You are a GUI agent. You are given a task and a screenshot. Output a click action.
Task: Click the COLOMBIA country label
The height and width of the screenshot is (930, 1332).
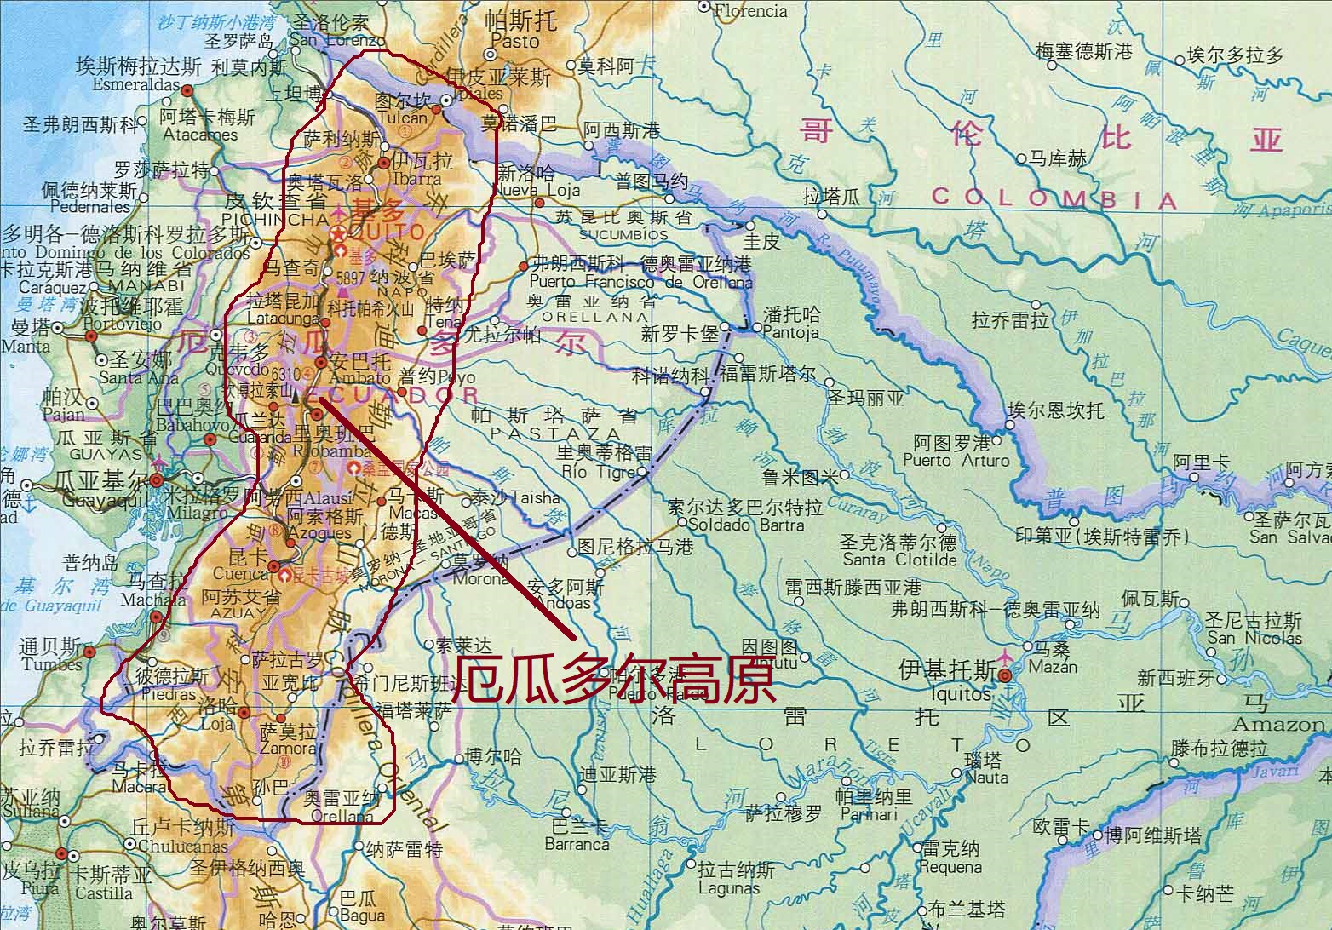[1054, 198]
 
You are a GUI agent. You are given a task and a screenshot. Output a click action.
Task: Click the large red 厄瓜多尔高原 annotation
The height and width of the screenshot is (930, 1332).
[612, 680]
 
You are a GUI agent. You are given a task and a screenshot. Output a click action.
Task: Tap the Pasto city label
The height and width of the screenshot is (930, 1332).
[516, 41]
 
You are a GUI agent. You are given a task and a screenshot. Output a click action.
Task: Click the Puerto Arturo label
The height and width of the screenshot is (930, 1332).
[956, 461]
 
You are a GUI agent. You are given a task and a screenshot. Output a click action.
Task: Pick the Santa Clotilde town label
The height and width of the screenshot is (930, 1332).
[899, 560]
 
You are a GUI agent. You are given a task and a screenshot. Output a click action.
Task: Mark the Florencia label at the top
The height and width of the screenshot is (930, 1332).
[749, 11]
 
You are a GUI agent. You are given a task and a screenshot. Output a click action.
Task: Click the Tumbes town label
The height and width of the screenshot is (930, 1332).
[52, 664]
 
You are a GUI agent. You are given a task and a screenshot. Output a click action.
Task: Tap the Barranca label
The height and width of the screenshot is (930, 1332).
[576, 844]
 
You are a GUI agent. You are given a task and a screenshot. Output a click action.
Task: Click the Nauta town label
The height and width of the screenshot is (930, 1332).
[986, 777]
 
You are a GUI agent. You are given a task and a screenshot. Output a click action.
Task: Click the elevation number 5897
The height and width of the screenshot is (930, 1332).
[352, 278]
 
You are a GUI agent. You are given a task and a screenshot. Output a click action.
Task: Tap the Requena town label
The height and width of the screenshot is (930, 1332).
[950, 867]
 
